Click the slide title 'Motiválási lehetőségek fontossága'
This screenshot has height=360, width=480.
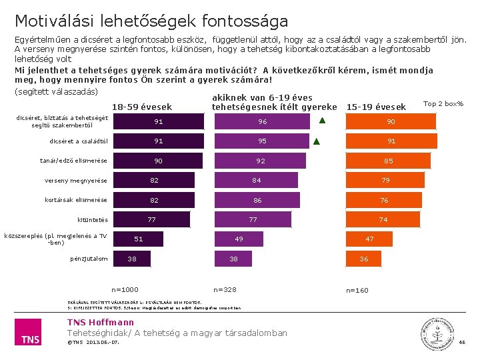[151, 21]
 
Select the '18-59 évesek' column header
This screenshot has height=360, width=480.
[141, 107]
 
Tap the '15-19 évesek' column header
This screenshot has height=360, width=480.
[376, 107]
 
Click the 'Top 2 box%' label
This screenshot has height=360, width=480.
[443, 103]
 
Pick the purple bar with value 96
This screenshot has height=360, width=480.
[262, 121]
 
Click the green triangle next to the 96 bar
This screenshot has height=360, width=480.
[321, 121]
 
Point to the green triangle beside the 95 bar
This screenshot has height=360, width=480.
[317, 141]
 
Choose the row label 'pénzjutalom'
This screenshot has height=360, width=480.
[89, 259]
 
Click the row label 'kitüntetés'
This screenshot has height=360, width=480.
[93, 219]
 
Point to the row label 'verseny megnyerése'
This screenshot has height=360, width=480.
[76, 181]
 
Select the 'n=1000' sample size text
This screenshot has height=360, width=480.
[125, 289]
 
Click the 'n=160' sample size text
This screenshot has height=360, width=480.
[357, 290]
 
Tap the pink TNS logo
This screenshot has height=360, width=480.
[30, 331]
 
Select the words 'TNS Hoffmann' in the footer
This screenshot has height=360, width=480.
[101, 323]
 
